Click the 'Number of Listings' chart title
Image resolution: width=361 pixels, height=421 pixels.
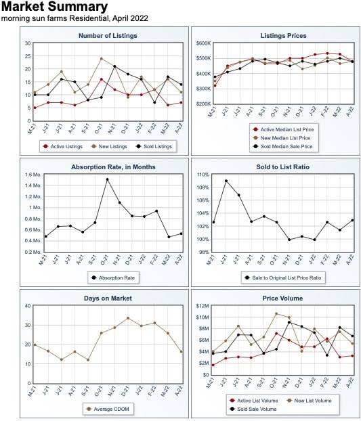tap(108, 36)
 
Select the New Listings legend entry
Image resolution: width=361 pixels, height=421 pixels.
tap(109, 147)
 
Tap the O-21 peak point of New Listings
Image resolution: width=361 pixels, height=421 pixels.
tap(102, 58)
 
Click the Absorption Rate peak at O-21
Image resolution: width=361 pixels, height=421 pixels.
tap(107, 179)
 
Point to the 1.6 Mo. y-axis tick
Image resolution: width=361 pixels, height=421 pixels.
tap(33, 175)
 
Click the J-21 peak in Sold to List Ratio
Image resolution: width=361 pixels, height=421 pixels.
tap(226, 181)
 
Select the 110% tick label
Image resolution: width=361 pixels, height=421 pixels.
tap(203, 175)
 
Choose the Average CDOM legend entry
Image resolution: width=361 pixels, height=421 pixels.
tap(108, 409)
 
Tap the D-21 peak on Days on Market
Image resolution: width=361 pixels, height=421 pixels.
tap(128, 318)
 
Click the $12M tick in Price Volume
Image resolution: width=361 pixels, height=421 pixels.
tap(203, 306)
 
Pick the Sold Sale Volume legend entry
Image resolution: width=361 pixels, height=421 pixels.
tap(253, 409)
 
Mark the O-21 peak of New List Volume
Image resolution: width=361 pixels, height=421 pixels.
tap(276, 313)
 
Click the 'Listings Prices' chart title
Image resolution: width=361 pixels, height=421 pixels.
tap(283, 36)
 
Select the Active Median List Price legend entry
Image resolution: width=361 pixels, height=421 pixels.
tap(284, 130)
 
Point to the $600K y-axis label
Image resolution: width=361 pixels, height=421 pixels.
tap(204, 43)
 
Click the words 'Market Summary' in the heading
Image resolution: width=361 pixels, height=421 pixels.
tap(55, 7)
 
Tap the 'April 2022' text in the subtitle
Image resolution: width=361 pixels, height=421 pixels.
tap(130, 18)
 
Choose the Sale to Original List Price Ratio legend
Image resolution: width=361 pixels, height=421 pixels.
tap(283, 278)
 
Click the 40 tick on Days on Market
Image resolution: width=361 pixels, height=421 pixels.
tap(28, 306)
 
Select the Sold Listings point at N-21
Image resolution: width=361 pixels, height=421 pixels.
tap(114, 66)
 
